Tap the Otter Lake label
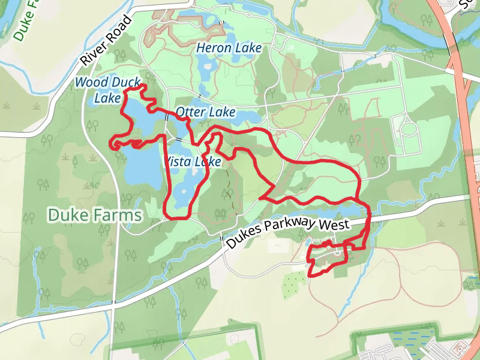pyautogui.click(x=205, y=112)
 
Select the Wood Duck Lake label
pyautogui.click(x=108, y=89)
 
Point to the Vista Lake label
pyautogui.click(x=193, y=162)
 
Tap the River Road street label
pyautogui.click(x=106, y=40)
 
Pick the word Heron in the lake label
pyautogui.click(x=213, y=48)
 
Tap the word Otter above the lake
pyautogui.click(x=190, y=112)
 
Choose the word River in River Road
pyautogui.click(x=94, y=52)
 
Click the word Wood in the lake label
pyautogui.click(x=92, y=82)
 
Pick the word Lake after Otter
pyautogui.click(x=221, y=112)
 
